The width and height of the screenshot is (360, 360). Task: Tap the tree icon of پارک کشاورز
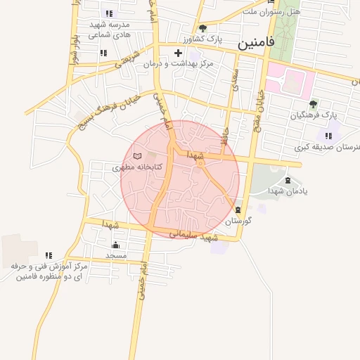point(203,29)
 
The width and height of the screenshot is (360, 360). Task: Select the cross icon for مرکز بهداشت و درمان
point(178,53)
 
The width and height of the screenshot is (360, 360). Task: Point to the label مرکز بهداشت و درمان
point(174,63)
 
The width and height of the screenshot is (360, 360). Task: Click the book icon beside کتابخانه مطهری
point(137,155)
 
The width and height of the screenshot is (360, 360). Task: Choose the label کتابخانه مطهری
point(138,167)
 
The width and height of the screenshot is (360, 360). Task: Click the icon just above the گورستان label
point(238,209)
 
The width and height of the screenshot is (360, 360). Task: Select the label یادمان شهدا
point(288,191)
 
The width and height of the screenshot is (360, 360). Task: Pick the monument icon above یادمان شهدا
point(288,180)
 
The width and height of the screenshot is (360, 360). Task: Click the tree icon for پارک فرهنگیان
point(313,103)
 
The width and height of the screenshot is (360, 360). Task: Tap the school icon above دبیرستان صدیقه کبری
point(328,136)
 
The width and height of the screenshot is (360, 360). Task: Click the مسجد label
point(115,256)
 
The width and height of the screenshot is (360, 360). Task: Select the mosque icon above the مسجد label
point(116,245)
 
